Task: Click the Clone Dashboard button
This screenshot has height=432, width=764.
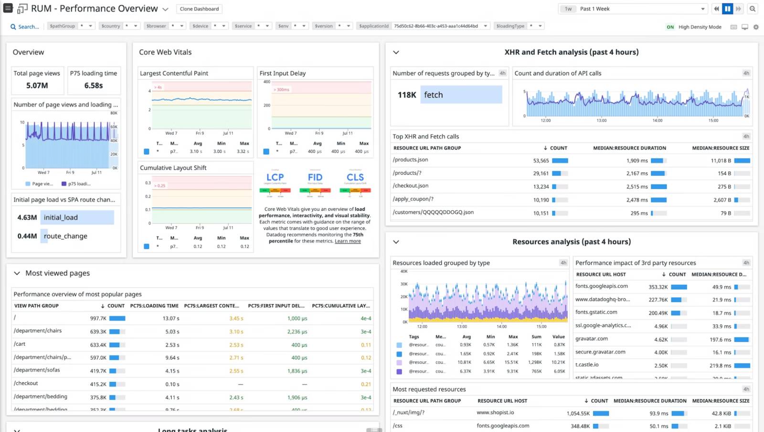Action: pyautogui.click(x=199, y=9)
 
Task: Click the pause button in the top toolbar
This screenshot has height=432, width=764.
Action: pyautogui.click(x=727, y=9)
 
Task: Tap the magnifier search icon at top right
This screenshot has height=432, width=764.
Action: pyautogui.click(x=753, y=9)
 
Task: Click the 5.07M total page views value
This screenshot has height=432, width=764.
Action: pyautogui.click(x=37, y=86)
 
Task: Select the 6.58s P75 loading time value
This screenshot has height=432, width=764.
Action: pyautogui.click(x=94, y=86)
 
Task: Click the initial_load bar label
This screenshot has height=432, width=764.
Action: pyautogui.click(x=61, y=217)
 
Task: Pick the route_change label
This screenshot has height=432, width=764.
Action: pyautogui.click(x=65, y=236)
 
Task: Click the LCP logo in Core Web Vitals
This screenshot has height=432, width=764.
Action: pyautogui.click(x=275, y=178)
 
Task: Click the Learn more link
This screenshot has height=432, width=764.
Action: pyautogui.click(x=348, y=241)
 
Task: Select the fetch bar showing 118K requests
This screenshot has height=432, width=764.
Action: pyautogui.click(x=433, y=95)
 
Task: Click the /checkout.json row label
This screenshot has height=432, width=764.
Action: pyautogui.click(x=411, y=186)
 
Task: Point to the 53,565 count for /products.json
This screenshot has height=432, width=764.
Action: pyautogui.click(x=541, y=161)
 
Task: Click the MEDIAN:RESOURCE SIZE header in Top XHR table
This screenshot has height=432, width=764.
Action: pyautogui.click(x=721, y=148)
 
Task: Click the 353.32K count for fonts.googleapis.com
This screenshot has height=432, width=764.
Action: pyautogui.click(x=658, y=287)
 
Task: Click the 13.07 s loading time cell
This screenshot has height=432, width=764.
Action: pyautogui.click(x=171, y=318)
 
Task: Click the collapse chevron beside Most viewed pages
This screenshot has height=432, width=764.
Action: pyautogui.click(x=17, y=273)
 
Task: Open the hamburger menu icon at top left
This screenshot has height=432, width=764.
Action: pyautogui.click(x=8, y=8)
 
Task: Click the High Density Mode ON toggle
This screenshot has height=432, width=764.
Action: pyautogui.click(x=670, y=27)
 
